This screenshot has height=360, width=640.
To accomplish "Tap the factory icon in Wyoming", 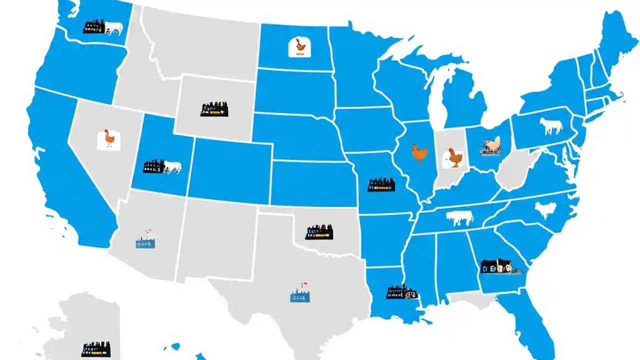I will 214,109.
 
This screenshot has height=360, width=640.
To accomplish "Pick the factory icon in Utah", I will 161,166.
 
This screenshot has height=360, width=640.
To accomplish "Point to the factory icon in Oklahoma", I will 319,232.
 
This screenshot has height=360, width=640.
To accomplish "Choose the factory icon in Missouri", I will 380,184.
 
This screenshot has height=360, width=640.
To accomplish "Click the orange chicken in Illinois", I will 419,153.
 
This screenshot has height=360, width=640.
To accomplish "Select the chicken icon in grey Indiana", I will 454,157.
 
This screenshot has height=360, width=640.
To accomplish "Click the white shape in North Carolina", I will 545,209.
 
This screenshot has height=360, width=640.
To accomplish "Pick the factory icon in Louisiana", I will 401,292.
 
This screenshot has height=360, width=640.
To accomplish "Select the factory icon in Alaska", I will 95,348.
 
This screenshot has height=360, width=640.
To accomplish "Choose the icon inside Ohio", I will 489,145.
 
